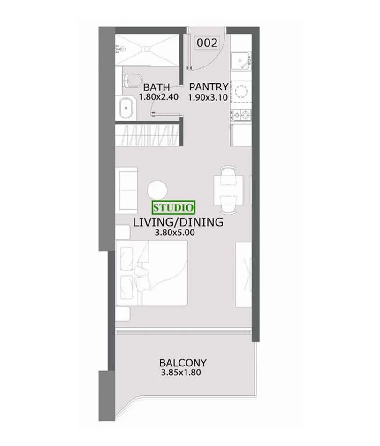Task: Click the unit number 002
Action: (x=208, y=43)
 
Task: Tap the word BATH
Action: (x=157, y=87)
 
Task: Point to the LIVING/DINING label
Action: (x=178, y=222)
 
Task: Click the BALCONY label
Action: (x=183, y=363)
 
